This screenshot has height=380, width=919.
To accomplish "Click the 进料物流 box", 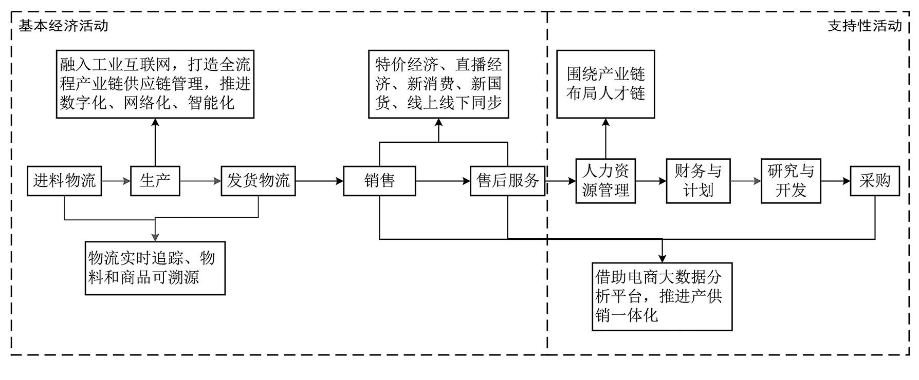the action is click(64, 181).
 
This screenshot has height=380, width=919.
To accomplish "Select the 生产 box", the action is click(155, 181).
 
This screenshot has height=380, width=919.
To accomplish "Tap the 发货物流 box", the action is click(259, 181).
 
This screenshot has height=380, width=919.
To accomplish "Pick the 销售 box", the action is click(379, 181).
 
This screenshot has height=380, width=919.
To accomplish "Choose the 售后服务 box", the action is click(507, 181).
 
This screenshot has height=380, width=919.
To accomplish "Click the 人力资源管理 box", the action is click(605, 181).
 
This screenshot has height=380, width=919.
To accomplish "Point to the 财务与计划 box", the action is click(698, 181).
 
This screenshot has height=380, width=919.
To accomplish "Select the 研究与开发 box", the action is click(791, 181).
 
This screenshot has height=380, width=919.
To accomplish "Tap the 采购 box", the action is click(875, 181).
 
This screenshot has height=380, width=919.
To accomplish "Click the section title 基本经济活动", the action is click(64, 26).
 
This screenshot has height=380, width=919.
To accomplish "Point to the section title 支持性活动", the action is click(865, 26).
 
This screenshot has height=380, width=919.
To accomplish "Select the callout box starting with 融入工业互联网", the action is click(155, 84).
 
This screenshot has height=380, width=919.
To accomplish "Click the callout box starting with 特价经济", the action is click(438, 84).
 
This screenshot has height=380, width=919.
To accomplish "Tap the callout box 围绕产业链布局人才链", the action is click(605, 84).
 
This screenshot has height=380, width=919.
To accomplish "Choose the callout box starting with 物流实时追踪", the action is click(155, 268).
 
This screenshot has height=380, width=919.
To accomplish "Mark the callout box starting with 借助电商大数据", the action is click(662, 297).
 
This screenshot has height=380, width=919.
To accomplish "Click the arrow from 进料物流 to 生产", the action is click(116, 181).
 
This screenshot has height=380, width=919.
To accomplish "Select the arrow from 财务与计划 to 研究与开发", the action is click(746, 181).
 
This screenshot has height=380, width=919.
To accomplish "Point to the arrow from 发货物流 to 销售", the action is click(320, 181).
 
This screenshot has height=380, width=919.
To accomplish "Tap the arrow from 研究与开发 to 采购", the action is click(835, 181).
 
